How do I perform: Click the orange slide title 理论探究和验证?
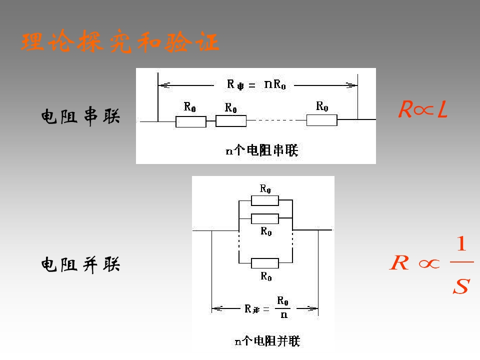[120, 41]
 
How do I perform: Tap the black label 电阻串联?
[80, 116]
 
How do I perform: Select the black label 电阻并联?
[80, 264]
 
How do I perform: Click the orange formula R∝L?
[423, 109]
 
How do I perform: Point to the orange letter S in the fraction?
[461, 286]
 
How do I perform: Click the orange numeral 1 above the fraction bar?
[461, 243]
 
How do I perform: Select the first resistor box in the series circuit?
[190, 121]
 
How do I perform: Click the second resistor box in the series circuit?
[231, 121]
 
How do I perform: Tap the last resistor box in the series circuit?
[321, 120]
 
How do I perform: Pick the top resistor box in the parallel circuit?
[265, 200]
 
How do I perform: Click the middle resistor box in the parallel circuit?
[265, 219]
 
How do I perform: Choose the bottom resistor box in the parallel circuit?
[265, 263]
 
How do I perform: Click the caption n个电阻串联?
[261, 150]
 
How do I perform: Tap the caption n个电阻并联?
[267, 341]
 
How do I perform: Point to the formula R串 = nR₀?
[256, 84]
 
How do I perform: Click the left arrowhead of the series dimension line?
[164, 85]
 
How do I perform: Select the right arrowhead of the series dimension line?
[351, 85]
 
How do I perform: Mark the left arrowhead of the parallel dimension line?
[217, 308]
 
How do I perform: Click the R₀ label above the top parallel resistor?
[265, 188]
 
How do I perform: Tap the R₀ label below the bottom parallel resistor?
[266, 276]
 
